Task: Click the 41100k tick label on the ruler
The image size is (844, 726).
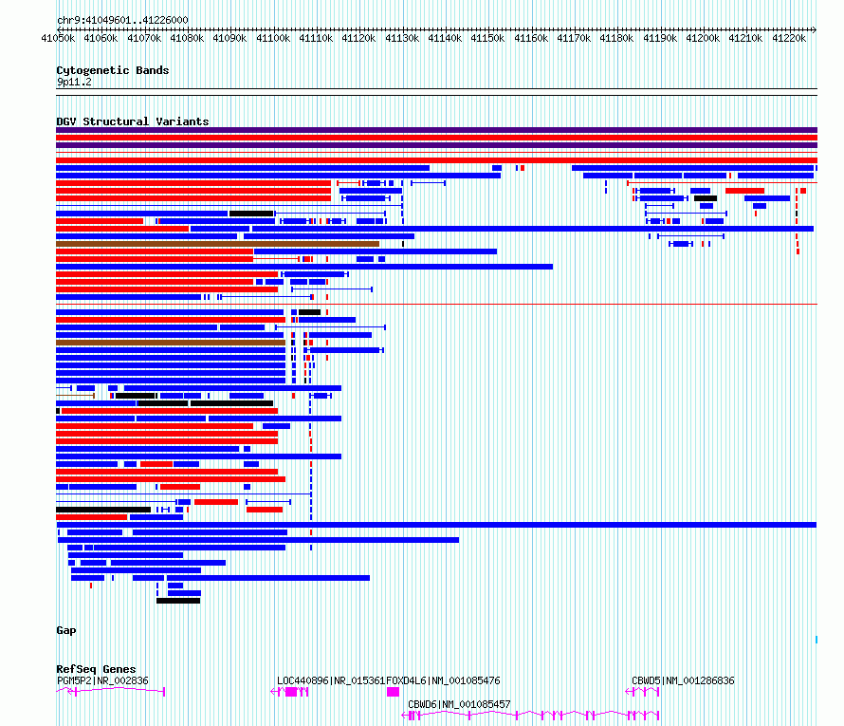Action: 273,38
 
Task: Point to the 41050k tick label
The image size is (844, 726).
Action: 58,38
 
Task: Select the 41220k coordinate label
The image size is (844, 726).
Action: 789,38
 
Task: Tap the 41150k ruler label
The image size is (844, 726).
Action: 487,38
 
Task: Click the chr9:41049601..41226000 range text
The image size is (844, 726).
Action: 122,20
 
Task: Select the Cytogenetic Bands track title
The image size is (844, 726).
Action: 113,70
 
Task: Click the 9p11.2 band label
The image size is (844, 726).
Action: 74,82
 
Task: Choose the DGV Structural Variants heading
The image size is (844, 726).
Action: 133,121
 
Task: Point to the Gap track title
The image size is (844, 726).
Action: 66,630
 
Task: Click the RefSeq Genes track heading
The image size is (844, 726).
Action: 96,669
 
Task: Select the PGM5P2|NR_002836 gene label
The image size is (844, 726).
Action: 102,680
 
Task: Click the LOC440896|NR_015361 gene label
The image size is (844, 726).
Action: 331,680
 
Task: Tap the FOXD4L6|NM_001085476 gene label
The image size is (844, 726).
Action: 443,680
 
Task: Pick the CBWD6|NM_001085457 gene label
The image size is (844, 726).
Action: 459,704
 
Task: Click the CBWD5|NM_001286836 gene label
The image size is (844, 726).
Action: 683,680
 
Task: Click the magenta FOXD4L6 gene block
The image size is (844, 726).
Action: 393,692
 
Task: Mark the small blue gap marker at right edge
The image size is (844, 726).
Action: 816,640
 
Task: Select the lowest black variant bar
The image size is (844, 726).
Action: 178,601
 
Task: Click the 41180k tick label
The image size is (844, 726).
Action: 616,38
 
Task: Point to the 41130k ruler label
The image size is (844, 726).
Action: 402,38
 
